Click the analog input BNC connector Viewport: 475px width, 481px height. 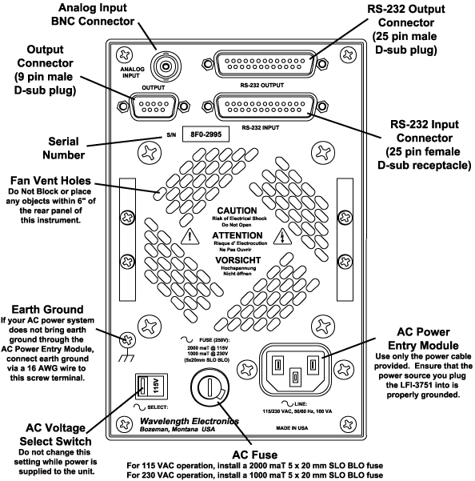coord(166,66)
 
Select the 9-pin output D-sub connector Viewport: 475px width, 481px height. coord(154,106)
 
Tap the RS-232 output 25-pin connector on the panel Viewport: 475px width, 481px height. coord(265,64)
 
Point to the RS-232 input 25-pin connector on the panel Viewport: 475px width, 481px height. coord(265,106)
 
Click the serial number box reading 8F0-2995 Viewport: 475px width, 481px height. coord(206,134)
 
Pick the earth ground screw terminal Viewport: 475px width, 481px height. coord(127,340)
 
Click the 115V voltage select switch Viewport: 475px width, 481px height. coord(151,387)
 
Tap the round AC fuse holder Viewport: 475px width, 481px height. coord(210,387)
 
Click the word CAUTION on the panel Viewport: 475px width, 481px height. coord(237,210)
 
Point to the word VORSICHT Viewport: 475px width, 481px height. coord(237,260)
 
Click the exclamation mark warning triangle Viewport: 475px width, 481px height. coord(190,237)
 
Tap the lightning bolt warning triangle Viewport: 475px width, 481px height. coord(282,237)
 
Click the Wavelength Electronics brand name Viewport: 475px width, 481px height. coord(189,421)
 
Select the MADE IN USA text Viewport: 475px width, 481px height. coord(292,428)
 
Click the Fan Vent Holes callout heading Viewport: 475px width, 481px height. coord(50,180)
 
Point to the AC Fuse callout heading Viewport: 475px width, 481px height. coord(254,455)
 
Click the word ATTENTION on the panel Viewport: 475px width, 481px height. coord(237,235)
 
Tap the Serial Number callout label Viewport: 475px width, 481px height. coord(63,148)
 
